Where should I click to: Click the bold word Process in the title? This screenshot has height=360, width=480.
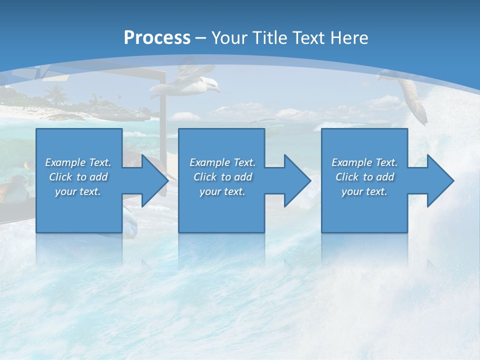click(x=157, y=38)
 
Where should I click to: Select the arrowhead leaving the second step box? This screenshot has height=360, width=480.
click(x=295, y=180)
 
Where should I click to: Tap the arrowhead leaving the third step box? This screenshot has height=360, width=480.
click(x=438, y=180)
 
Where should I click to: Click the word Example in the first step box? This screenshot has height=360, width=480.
click(x=65, y=162)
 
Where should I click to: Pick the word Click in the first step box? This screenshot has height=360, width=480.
click(x=60, y=177)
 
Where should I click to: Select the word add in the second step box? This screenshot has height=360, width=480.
click(x=243, y=177)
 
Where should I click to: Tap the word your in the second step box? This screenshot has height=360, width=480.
click(x=210, y=191)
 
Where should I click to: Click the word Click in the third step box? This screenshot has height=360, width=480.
click(x=347, y=177)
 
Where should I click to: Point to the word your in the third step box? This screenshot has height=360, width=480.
click(x=352, y=191)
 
